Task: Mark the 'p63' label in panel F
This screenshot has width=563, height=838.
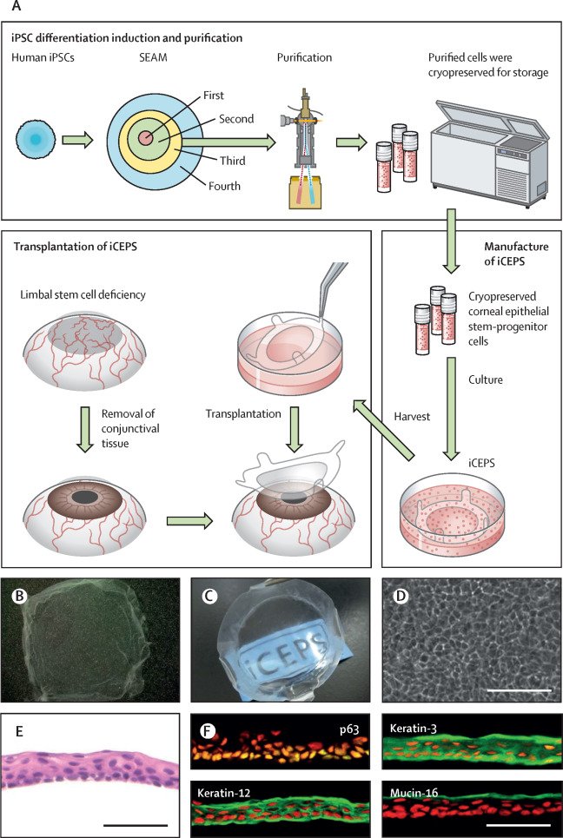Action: pos(356,724)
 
